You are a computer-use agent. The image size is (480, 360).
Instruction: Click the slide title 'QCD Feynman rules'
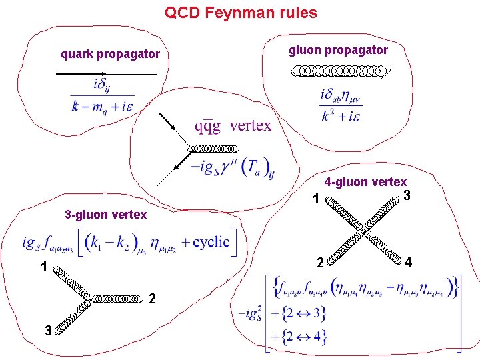241,13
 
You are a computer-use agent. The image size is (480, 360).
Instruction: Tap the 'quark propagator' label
110,54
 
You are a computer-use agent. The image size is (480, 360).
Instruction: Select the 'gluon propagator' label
338,50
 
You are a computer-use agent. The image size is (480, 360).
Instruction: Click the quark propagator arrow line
107,72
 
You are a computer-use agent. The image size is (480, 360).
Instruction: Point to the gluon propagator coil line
341,70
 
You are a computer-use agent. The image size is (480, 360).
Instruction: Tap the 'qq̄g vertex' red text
233,125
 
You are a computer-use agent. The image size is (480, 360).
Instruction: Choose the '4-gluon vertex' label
365,182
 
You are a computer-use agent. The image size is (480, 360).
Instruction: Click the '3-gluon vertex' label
105,215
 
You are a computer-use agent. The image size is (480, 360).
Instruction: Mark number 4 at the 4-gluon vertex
408,263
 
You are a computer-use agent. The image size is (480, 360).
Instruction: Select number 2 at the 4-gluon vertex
320,263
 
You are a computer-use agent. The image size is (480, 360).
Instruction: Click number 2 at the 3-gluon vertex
153,297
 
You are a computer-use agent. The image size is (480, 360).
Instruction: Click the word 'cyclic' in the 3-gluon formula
210,241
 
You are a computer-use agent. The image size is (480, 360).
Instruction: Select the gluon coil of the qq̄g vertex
211,148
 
